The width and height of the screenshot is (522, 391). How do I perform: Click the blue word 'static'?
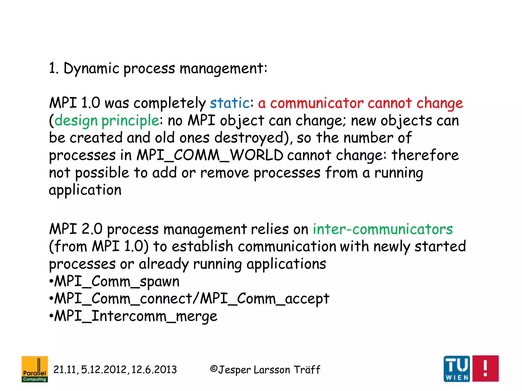point(229,103)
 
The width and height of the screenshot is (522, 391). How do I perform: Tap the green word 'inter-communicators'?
point(383,229)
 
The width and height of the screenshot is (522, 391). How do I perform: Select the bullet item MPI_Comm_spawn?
point(117,282)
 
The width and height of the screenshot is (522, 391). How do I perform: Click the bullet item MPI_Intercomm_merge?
point(136,316)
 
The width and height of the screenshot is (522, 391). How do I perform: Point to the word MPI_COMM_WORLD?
point(210,155)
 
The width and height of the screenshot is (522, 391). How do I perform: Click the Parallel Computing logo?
point(35,369)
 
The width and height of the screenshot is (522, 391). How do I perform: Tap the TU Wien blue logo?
point(457,369)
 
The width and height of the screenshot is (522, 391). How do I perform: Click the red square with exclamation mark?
point(485,369)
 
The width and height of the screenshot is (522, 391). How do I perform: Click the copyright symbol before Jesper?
point(214,369)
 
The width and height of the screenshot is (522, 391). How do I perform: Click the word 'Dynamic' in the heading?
point(91,68)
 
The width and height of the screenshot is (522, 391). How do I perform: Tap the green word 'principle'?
point(130,120)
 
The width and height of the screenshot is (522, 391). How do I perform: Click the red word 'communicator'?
point(317,103)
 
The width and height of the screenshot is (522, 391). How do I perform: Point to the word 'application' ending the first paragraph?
point(85,190)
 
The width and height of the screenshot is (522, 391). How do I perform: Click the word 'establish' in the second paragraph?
point(202,246)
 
